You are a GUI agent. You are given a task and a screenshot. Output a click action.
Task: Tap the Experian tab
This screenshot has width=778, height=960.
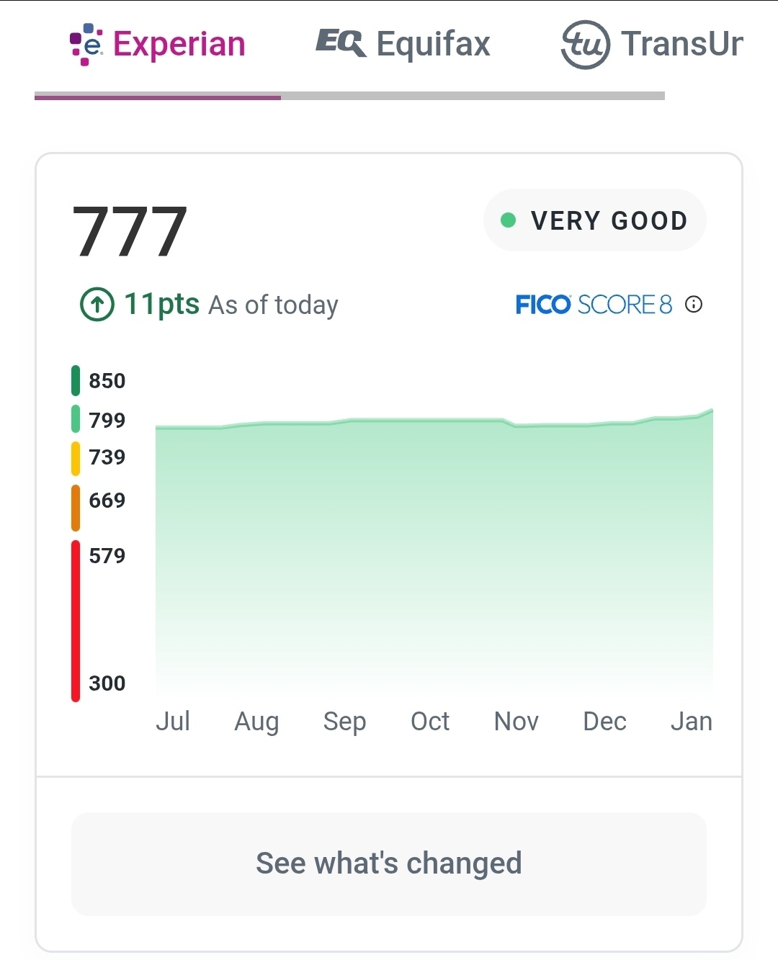(x=158, y=45)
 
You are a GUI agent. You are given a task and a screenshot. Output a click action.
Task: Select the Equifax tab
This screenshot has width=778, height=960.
(x=403, y=43)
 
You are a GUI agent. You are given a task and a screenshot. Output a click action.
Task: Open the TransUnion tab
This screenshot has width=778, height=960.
(x=652, y=44)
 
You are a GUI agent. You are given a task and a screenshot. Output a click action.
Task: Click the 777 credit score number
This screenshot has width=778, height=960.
(x=130, y=231)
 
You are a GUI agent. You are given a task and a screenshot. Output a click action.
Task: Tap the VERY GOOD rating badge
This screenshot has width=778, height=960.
(x=594, y=220)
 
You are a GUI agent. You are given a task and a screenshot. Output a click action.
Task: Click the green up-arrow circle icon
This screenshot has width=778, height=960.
(x=97, y=304)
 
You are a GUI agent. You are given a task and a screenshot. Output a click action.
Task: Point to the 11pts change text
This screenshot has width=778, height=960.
(x=161, y=304)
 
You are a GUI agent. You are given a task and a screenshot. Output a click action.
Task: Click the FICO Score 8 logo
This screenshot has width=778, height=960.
(x=594, y=305)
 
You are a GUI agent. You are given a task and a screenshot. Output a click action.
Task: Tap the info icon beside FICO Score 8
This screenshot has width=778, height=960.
(x=694, y=305)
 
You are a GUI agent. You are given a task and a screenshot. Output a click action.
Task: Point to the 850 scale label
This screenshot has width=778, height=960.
(x=107, y=380)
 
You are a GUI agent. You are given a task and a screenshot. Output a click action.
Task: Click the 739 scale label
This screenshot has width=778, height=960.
(x=107, y=457)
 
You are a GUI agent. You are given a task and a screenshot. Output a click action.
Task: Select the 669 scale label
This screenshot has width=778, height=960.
(x=107, y=500)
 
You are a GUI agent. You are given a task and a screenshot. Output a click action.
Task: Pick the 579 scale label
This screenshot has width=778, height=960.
(x=107, y=555)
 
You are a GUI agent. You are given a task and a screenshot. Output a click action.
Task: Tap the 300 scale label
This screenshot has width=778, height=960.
(x=107, y=683)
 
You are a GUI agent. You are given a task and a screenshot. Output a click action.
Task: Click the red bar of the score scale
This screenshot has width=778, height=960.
(x=76, y=619)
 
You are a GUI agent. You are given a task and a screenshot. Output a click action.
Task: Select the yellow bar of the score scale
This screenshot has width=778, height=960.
(x=76, y=458)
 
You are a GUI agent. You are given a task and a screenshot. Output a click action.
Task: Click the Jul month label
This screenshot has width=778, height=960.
(x=173, y=721)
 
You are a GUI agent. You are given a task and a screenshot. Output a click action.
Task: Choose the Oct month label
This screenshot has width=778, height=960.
(x=430, y=721)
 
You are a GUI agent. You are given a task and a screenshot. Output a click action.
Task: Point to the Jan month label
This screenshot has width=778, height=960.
(x=692, y=721)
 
